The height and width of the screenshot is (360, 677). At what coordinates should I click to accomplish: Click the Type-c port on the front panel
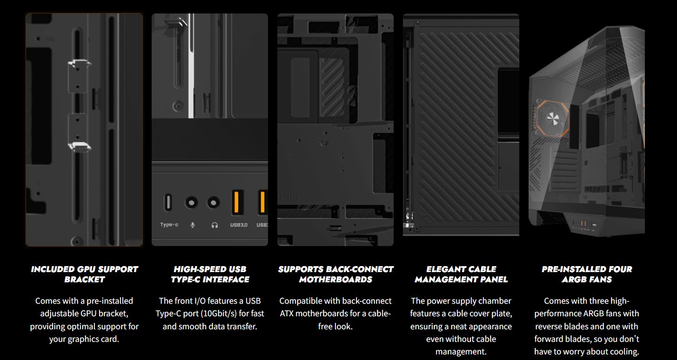(x=168, y=202)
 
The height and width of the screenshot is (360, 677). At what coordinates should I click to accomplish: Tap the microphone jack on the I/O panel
(x=191, y=202)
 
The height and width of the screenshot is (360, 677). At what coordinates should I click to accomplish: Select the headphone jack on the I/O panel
(x=214, y=202)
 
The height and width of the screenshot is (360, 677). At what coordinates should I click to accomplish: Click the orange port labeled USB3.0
(x=237, y=202)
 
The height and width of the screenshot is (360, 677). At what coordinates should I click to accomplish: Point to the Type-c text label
(x=169, y=225)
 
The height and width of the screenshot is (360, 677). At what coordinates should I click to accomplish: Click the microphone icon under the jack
(x=193, y=225)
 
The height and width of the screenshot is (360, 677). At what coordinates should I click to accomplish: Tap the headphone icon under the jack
(x=214, y=225)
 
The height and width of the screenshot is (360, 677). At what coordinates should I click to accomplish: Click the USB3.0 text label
(x=239, y=225)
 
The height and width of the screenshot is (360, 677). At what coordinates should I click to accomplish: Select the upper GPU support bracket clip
(x=79, y=63)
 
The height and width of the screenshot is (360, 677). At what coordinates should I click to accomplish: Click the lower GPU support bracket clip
(x=79, y=147)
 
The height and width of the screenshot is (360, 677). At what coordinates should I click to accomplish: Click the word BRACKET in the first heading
(x=85, y=280)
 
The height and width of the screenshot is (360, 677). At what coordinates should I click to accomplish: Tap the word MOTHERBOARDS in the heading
(x=335, y=280)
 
